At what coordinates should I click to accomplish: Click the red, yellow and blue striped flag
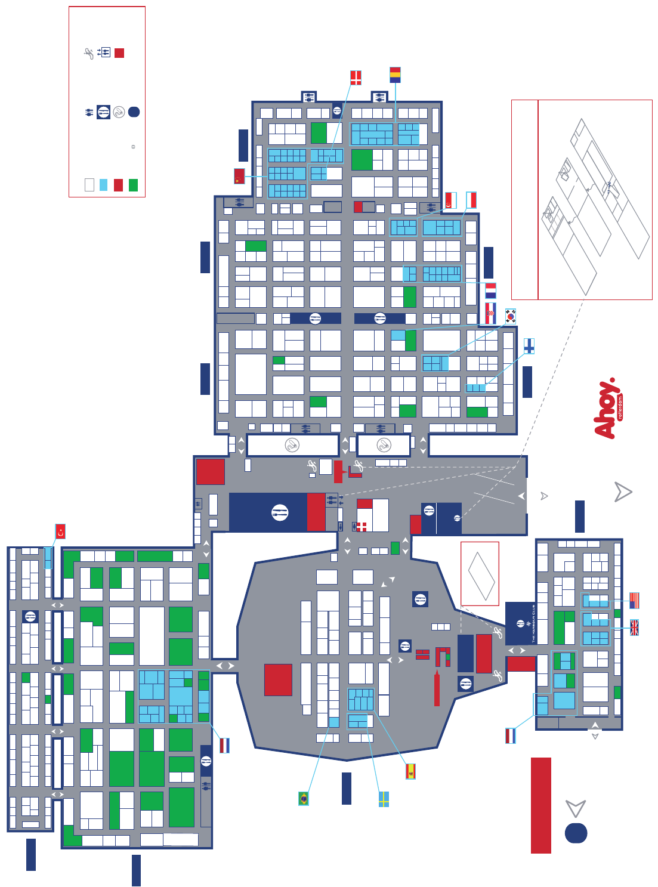395,75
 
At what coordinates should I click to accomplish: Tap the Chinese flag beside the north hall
239,176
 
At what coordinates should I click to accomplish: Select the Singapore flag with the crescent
451,200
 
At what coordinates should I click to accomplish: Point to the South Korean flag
511,316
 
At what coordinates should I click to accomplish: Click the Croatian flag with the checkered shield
490,313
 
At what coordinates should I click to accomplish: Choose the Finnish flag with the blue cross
529,346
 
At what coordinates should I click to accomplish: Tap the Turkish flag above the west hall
60,531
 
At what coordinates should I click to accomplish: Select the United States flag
634,600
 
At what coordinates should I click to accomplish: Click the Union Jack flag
634,627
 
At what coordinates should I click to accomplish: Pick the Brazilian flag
304,798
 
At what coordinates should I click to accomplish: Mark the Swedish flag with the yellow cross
384,799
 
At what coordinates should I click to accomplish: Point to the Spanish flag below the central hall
410,771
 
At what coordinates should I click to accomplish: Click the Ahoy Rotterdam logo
608,409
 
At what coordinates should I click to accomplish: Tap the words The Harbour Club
533,623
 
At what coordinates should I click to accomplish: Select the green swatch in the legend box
133,185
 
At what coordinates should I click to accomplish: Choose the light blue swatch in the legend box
104,185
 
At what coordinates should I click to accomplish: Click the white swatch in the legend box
89,185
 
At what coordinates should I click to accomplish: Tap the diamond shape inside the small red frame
481,576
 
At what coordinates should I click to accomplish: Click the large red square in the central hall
278,679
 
